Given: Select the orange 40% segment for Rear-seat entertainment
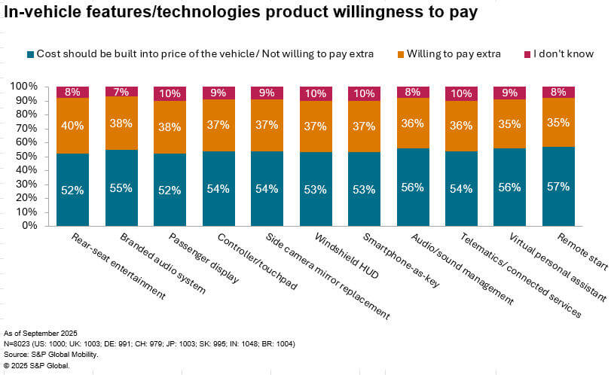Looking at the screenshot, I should click(72, 125).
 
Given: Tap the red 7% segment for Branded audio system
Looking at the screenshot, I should click(121, 92).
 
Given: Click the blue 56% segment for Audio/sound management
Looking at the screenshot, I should click(412, 187).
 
